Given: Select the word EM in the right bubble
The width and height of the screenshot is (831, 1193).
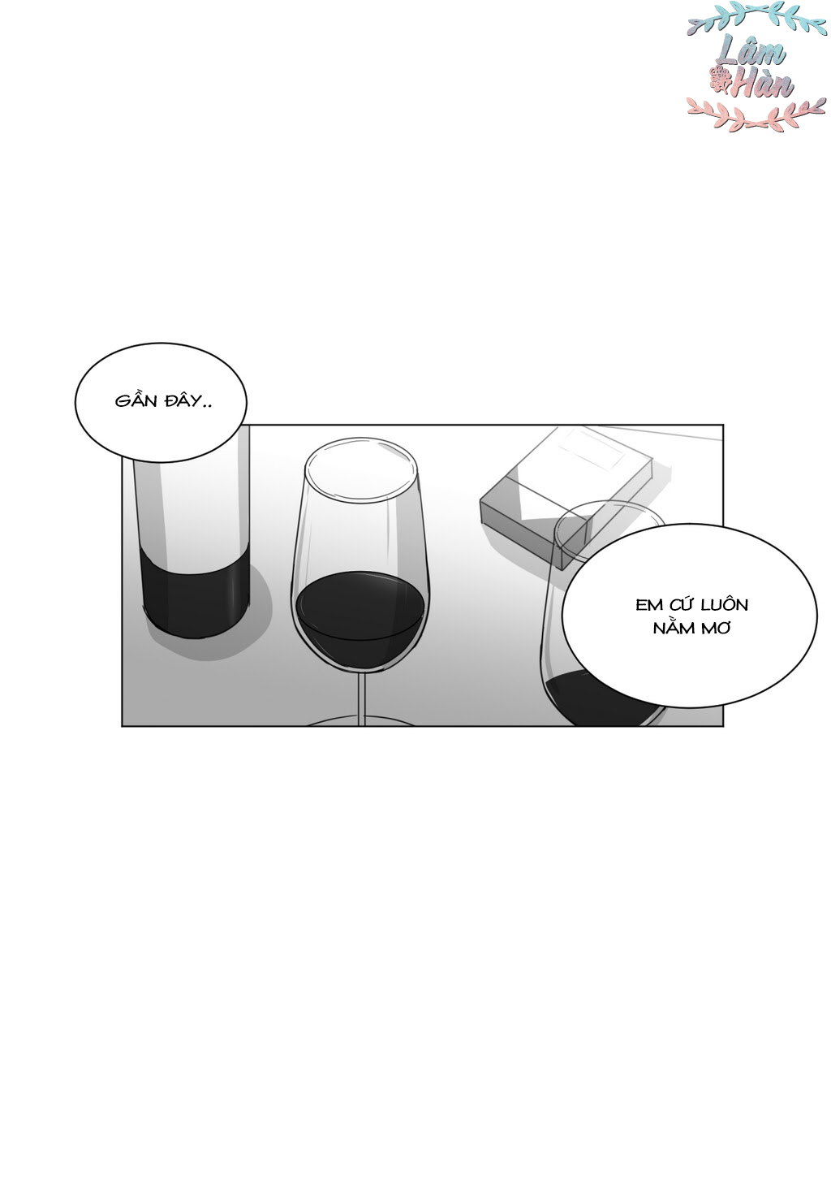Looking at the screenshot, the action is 649,605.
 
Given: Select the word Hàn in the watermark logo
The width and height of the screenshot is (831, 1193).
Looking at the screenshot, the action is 762,84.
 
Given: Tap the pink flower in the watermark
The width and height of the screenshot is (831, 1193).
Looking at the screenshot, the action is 720,80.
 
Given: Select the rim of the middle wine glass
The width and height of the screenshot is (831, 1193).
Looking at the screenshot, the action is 361,470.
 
